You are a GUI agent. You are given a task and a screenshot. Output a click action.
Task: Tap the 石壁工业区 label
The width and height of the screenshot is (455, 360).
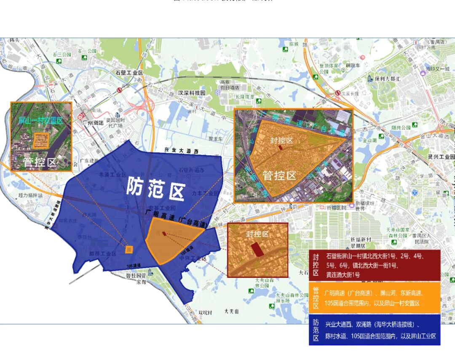(129, 73)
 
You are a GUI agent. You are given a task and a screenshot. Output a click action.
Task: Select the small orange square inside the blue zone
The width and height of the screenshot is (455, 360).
(129, 249)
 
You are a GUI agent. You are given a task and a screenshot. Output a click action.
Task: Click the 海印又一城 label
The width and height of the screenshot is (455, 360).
(438, 69)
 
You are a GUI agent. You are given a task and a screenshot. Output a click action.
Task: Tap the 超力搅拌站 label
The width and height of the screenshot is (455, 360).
(31, 195)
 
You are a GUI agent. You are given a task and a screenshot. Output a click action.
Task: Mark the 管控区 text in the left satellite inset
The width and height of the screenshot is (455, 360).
(40, 162)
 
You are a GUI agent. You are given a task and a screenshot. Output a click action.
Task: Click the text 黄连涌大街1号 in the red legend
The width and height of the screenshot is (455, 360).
(343, 275)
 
